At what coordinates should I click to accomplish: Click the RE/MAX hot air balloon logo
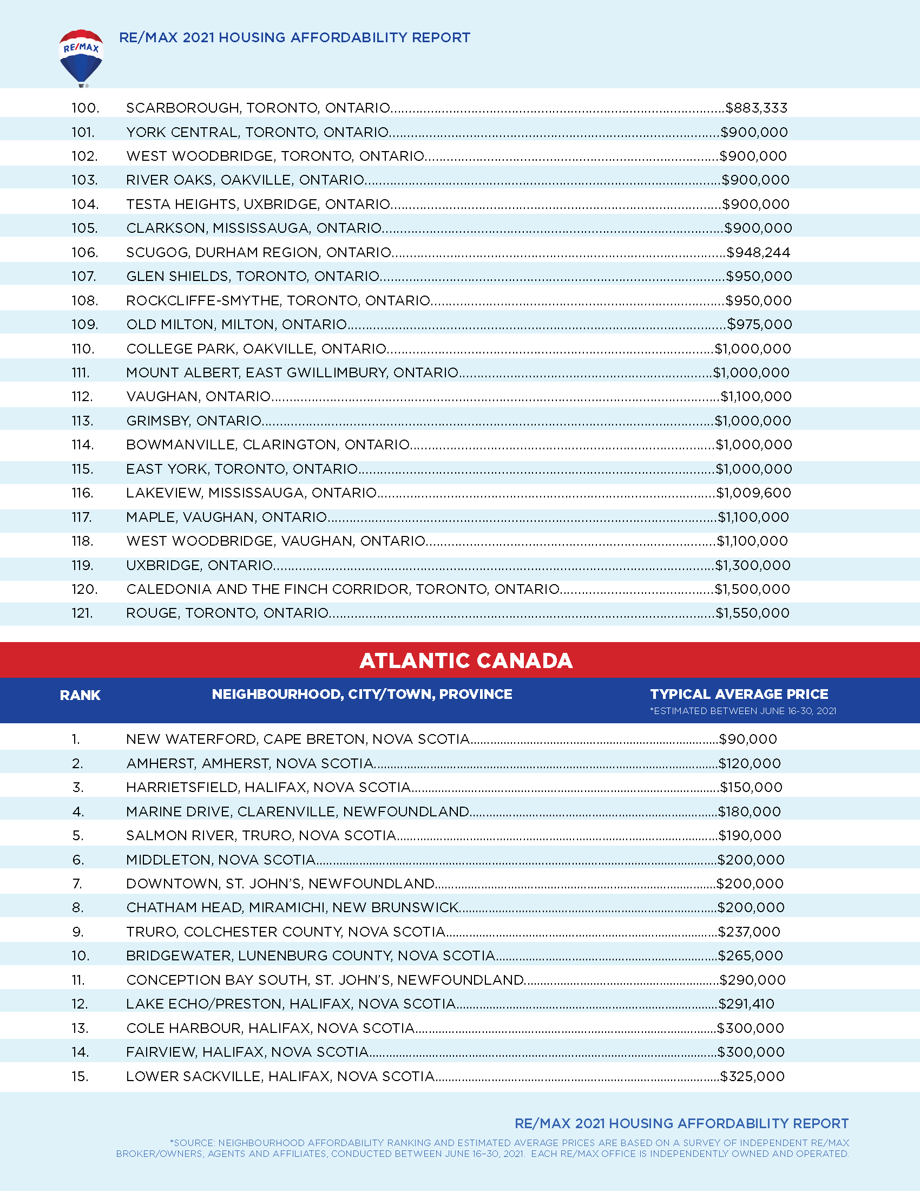point(81,58)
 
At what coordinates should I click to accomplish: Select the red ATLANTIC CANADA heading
point(466,660)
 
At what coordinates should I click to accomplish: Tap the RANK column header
point(80,695)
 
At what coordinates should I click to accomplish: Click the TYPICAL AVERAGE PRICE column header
point(739,694)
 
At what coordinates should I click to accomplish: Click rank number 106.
point(84,252)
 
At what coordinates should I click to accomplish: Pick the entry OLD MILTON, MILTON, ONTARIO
point(236,324)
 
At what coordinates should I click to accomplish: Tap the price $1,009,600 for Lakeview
point(753,493)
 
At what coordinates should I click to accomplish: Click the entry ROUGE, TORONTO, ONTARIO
point(227,613)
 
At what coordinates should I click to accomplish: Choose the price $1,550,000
point(752,613)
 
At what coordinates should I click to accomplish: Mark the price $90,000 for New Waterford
point(748,739)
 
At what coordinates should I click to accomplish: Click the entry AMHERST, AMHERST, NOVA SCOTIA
point(250,763)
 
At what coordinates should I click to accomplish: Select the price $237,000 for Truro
point(749,932)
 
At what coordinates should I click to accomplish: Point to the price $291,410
point(746,1003)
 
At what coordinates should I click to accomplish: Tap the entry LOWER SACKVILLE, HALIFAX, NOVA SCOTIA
point(280,1076)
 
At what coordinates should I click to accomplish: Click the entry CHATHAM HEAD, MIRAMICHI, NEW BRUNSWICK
point(293,907)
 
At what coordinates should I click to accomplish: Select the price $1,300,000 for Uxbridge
point(753,565)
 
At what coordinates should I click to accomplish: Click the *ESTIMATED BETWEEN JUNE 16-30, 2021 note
point(742,711)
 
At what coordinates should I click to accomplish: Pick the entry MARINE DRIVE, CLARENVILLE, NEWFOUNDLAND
point(298,812)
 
